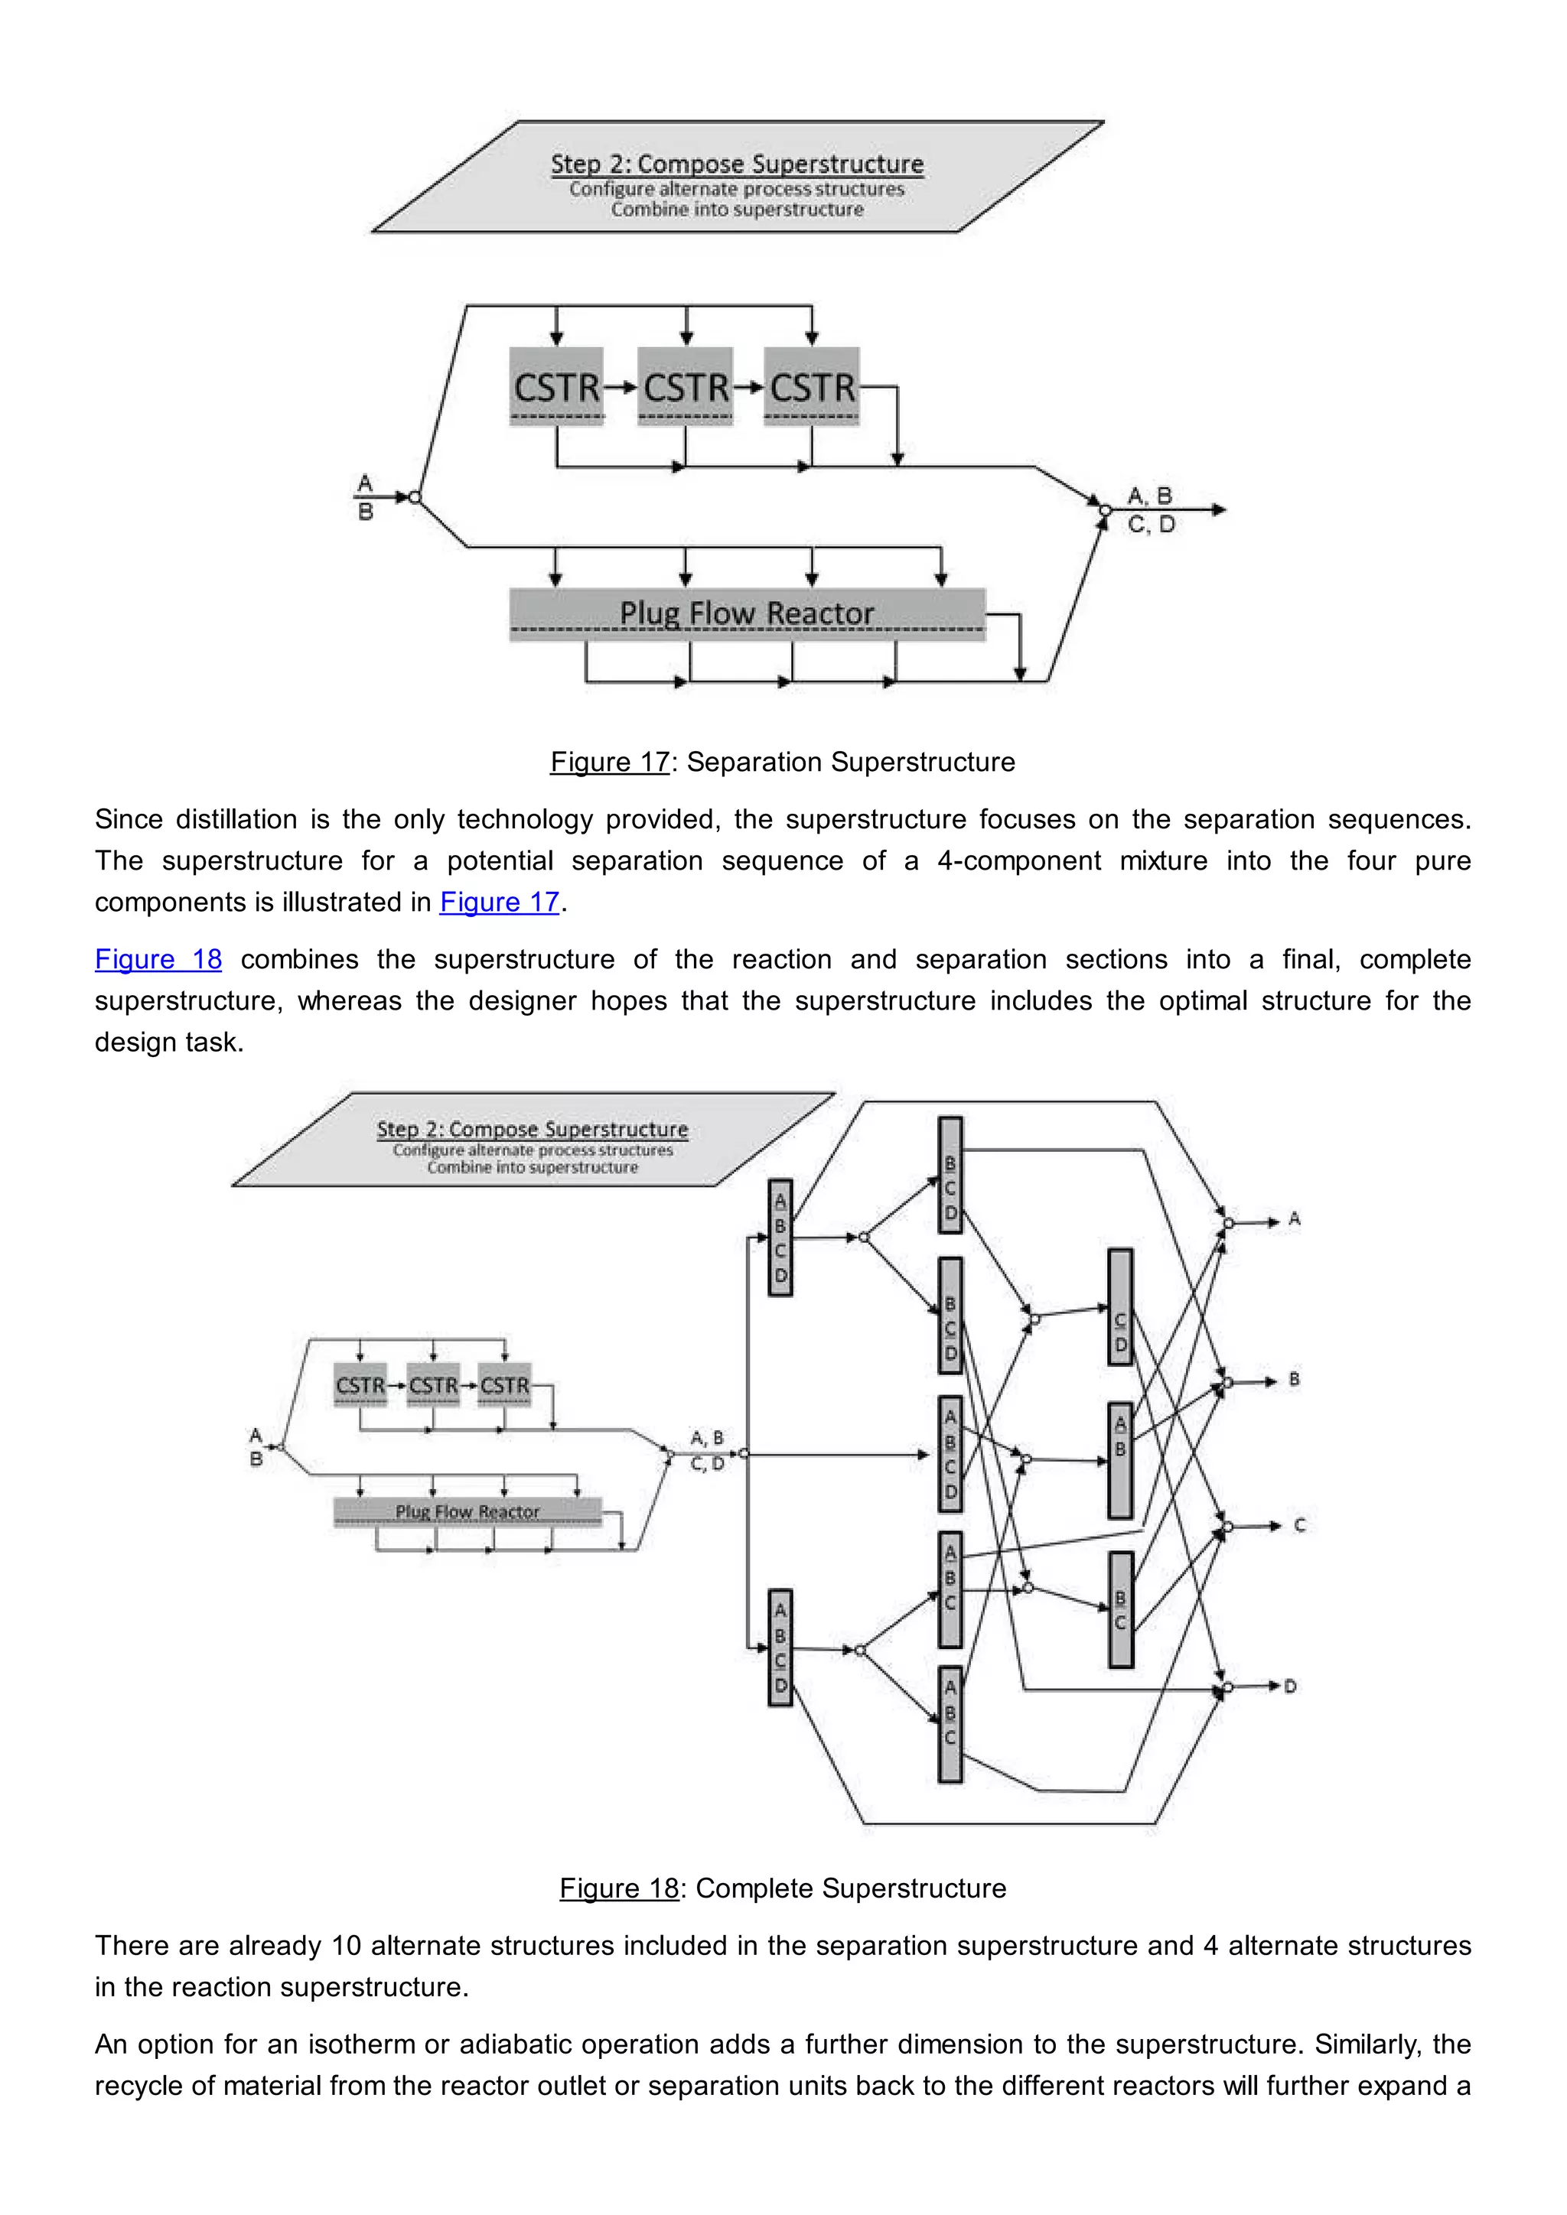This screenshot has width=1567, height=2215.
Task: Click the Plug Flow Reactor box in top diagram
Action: point(747,613)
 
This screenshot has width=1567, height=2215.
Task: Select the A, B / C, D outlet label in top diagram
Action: point(1151,510)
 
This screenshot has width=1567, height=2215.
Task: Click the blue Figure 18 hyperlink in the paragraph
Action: point(158,959)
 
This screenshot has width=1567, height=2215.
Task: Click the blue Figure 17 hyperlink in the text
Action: point(499,902)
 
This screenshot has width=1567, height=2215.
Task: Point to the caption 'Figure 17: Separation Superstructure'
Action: point(783,762)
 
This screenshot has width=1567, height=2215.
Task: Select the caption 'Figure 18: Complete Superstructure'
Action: point(783,1888)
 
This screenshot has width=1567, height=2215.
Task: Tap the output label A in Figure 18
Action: point(1294,1219)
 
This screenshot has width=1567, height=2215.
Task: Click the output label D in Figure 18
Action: point(1290,1686)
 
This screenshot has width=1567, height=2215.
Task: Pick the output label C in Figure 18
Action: point(1298,1525)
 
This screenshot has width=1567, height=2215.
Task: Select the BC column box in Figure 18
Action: point(1120,1609)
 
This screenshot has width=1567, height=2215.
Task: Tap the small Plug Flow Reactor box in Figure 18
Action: point(467,1511)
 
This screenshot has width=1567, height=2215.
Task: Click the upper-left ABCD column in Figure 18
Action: point(780,1238)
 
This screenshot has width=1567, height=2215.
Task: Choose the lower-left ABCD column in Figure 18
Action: point(780,1647)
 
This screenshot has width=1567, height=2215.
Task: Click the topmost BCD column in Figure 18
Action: point(950,1175)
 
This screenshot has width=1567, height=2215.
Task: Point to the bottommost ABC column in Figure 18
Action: point(950,1724)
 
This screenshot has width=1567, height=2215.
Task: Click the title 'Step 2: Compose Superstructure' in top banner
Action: point(737,164)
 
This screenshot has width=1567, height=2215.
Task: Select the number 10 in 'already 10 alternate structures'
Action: point(345,1946)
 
